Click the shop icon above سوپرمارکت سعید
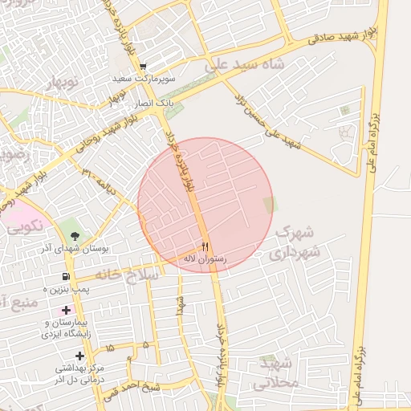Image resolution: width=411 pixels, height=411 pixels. click(x=143, y=67)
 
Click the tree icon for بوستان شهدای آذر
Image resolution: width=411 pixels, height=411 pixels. click(x=75, y=236)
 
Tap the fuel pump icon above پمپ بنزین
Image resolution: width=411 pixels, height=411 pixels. click(x=65, y=276)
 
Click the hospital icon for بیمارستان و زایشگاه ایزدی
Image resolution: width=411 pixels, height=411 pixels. click(x=65, y=310)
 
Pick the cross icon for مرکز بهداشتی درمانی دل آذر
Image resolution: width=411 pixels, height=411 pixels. click(x=79, y=356)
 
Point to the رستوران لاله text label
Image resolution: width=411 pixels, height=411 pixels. click(x=204, y=259)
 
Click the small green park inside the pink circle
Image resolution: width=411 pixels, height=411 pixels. click(x=270, y=205)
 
